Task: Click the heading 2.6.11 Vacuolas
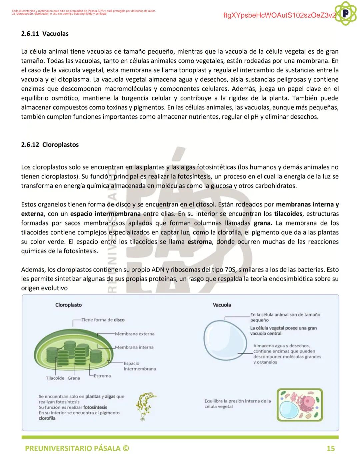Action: coord(45,34)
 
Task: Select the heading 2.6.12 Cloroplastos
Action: coord(50,145)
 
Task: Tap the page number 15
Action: coord(330,448)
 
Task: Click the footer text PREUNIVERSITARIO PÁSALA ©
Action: coord(77,448)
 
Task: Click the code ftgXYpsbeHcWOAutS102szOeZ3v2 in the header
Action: coord(279,16)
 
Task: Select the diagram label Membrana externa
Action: coord(135,334)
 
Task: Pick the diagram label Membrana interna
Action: coord(134,347)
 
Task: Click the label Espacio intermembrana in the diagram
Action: coord(139,366)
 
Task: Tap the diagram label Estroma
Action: coord(102,376)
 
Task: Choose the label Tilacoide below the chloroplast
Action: coord(55,378)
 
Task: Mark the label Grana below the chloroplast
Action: coord(74,378)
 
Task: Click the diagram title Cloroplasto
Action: coord(68,305)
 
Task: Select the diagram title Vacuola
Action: coord(222,305)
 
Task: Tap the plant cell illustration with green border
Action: coord(300,405)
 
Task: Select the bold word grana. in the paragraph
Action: coord(263,223)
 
